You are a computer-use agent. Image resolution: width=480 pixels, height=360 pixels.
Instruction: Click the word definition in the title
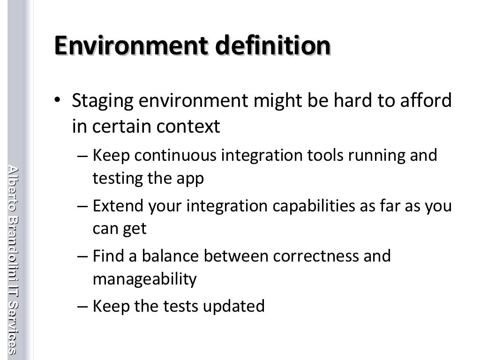pos(273,45)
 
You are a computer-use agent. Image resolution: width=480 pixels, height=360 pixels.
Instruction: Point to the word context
pos(195,126)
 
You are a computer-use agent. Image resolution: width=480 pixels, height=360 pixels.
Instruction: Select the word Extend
pos(114,205)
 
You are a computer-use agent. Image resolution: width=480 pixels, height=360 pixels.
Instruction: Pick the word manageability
pos(144,279)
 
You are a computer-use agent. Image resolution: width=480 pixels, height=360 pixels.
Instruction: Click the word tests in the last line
pos(181,306)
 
